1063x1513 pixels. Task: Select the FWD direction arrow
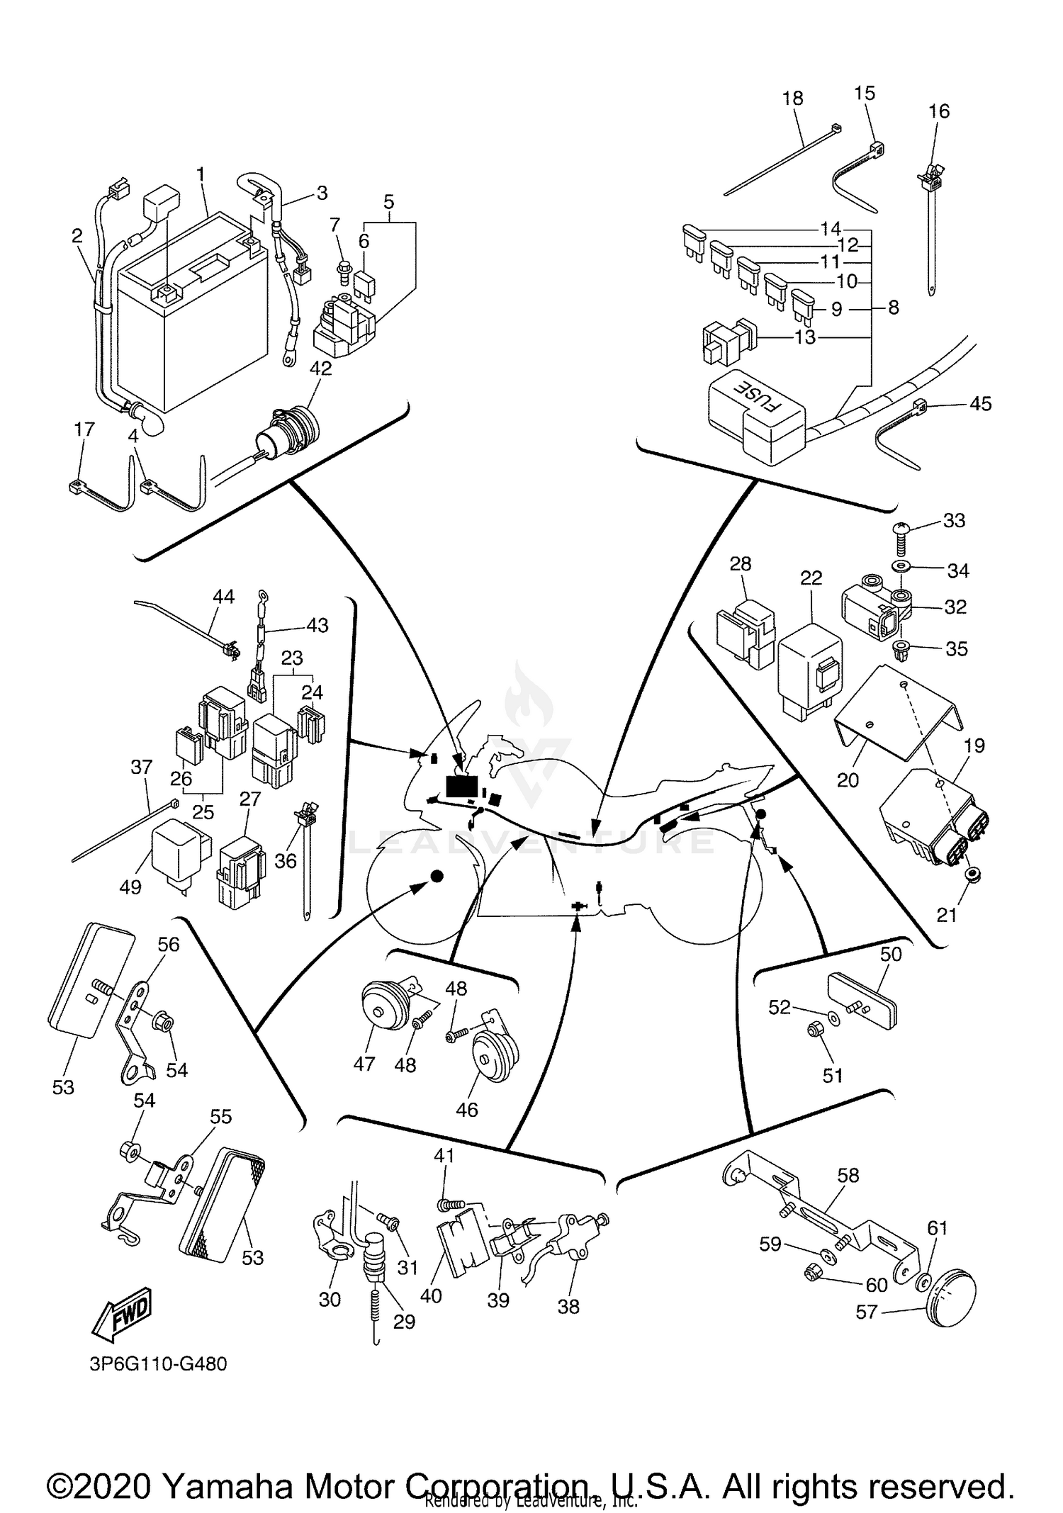tap(123, 1316)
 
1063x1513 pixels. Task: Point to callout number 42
tap(321, 368)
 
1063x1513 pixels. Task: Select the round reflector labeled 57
tap(950, 1295)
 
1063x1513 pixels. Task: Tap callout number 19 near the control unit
tap(974, 745)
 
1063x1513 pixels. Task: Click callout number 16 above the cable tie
tap(938, 111)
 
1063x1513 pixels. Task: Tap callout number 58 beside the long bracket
tap(848, 1175)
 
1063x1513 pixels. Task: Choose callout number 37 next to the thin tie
tap(142, 767)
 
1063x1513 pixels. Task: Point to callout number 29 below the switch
tap(404, 1321)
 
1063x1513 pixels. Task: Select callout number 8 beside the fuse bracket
tap(894, 308)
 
